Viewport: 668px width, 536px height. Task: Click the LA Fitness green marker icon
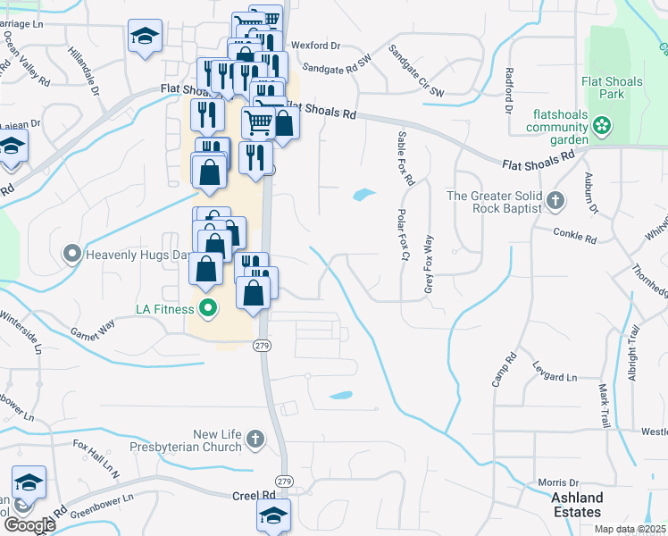(208, 310)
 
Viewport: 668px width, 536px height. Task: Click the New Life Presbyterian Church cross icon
(255, 439)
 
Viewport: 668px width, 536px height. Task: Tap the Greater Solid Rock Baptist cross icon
(555, 201)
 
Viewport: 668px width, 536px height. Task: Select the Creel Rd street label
(254, 495)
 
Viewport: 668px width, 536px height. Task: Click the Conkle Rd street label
(574, 236)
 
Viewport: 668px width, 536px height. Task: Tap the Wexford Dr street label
(322, 45)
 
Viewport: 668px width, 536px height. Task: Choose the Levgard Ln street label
(553, 377)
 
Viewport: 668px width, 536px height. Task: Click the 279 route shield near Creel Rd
(282, 480)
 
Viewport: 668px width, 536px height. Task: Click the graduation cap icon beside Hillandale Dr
(144, 37)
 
